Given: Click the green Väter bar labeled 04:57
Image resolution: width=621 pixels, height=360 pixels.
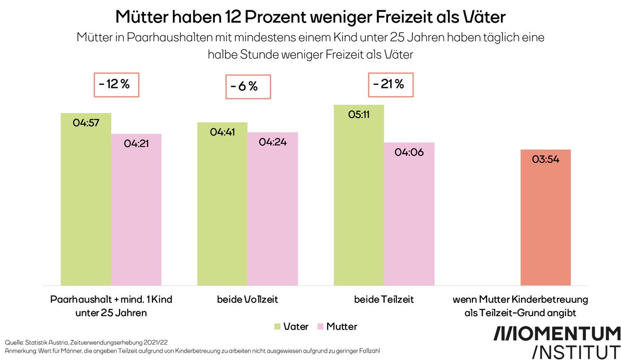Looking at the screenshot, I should pos(86,199).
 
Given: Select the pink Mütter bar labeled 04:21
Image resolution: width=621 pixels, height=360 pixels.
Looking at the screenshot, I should pos(137,209).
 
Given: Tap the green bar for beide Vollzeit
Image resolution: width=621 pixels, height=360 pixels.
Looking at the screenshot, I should pos(222,204).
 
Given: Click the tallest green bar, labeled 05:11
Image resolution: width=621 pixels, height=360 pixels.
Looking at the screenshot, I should pos(359,195).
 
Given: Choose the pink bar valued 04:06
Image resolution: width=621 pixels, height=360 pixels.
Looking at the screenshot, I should pos(409,214).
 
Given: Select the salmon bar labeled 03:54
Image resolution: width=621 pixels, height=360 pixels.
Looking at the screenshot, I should pos(545,217).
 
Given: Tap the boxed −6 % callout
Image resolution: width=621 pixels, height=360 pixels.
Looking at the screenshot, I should pos(248,86).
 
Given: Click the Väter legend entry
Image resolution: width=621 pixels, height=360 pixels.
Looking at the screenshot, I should pos(291,326).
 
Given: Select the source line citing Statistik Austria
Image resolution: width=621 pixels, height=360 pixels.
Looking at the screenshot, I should pos(83,342).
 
